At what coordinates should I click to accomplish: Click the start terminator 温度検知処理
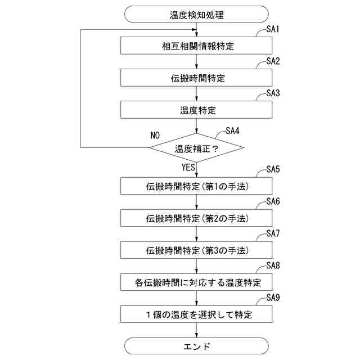coord(197,13)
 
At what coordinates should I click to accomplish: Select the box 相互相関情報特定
coord(197,46)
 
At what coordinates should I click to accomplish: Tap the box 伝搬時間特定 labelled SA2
coord(197,78)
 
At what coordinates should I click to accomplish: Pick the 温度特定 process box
coord(197,109)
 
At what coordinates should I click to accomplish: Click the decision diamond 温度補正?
coord(197,149)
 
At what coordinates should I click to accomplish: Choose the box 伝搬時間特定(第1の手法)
coord(197,186)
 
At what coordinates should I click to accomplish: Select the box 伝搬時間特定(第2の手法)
coord(197,217)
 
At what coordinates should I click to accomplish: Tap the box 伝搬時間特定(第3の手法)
coord(197,249)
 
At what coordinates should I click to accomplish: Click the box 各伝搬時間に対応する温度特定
coord(197,281)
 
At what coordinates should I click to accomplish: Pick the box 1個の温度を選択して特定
coord(197,313)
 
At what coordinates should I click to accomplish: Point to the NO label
coord(155,136)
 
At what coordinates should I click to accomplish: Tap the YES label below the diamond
coord(188,168)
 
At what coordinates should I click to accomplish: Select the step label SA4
coord(232,130)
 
